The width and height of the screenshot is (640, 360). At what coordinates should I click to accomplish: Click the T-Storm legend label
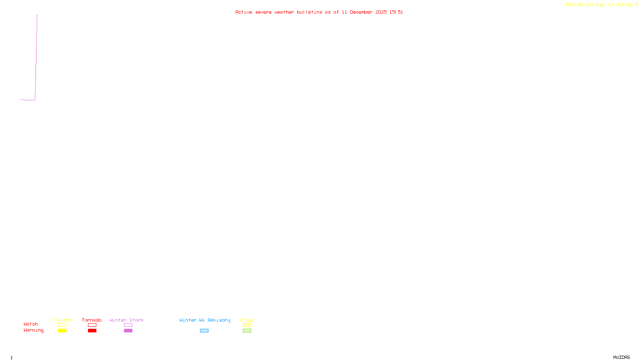(x=62, y=320)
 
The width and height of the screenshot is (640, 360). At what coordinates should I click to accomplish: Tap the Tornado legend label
(x=92, y=320)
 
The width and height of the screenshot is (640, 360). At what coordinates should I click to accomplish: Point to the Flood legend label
(x=247, y=320)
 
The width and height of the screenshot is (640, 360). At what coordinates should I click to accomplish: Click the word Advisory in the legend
(x=219, y=320)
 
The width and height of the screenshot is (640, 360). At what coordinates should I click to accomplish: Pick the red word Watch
(x=31, y=324)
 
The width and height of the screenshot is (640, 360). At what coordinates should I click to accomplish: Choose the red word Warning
(x=34, y=330)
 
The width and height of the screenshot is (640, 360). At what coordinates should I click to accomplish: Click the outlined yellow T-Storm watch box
(x=62, y=325)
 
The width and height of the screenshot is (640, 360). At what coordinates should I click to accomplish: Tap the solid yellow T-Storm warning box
(x=62, y=331)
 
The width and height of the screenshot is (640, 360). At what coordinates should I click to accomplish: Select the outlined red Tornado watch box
(x=92, y=325)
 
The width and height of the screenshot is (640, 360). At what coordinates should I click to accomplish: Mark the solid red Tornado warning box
(x=92, y=331)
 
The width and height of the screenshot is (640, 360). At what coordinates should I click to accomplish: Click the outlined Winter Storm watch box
(x=128, y=325)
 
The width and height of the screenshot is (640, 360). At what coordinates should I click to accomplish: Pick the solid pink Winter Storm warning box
(x=128, y=331)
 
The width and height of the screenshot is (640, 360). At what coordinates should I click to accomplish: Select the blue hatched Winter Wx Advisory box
(x=204, y=331)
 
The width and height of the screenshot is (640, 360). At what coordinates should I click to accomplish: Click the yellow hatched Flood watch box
(x=247, y=325)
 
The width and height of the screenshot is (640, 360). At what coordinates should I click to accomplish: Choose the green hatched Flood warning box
(x=247, y=331)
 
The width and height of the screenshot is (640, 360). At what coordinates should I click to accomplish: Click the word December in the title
(x=361, y=12)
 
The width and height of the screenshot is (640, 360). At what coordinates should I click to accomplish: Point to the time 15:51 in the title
(x=396, y=12)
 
